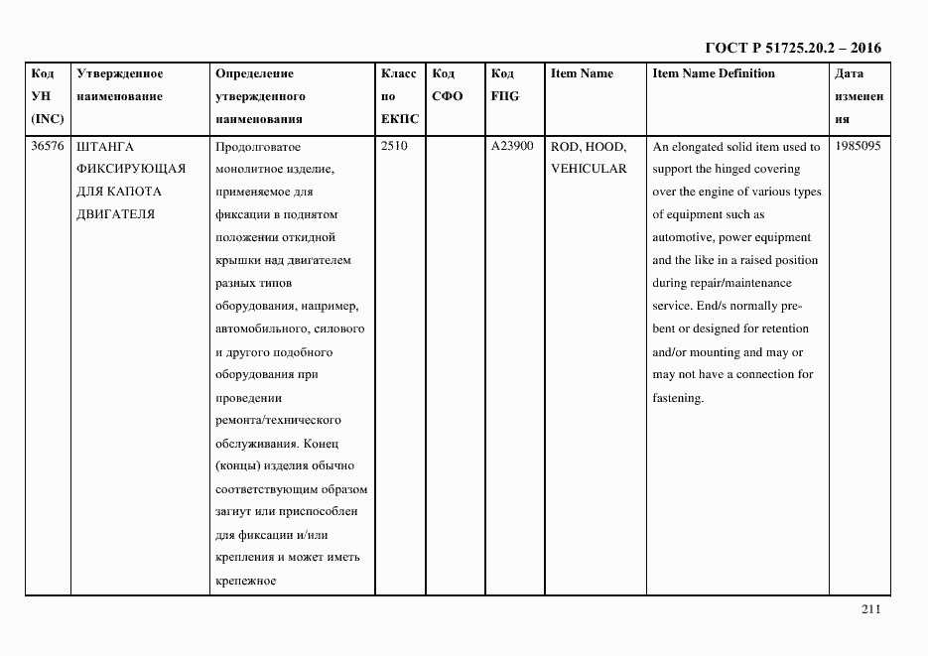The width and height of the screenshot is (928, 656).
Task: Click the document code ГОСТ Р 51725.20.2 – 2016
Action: click(x=792, y=48)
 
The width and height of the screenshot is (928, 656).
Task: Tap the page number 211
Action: click(x=870, y=610)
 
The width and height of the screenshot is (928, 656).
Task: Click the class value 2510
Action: click(x=394, y=146)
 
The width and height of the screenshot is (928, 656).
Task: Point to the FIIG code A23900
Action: click(x=511, y=146)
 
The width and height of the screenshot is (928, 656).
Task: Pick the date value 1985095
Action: click(x=859, y=146)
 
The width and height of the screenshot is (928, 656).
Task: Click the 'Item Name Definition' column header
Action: click(x=714, y=73)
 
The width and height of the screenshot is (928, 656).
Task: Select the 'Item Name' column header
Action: click(x=582, y=73)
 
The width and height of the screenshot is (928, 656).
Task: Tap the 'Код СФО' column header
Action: click(x=448, y=84)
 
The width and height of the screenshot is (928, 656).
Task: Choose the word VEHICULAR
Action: click(x=589, y=169)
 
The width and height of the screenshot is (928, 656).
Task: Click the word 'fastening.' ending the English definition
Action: click(x=678, y=398)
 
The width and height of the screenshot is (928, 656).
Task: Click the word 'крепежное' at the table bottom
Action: click(x=243, y=581)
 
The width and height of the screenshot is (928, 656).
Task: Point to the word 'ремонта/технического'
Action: click(x=278, y=421)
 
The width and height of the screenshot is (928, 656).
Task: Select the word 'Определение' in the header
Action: click(x=254, y=73)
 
